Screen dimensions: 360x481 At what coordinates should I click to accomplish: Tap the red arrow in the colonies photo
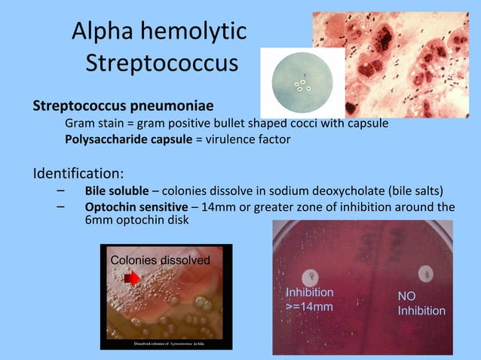pyautogui.click(x=133, y=279)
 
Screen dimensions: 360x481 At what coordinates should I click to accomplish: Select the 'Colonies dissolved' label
pyautogui.click(x=160, y=260)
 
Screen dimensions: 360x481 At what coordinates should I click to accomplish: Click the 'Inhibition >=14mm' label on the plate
pyautogui.click(x=310, y=299)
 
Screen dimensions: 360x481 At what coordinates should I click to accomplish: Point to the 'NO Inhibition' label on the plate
pyautogui.click(x=421, y=304)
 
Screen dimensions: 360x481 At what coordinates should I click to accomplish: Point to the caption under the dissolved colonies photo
pyautogui.click(x=165, y=343)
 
